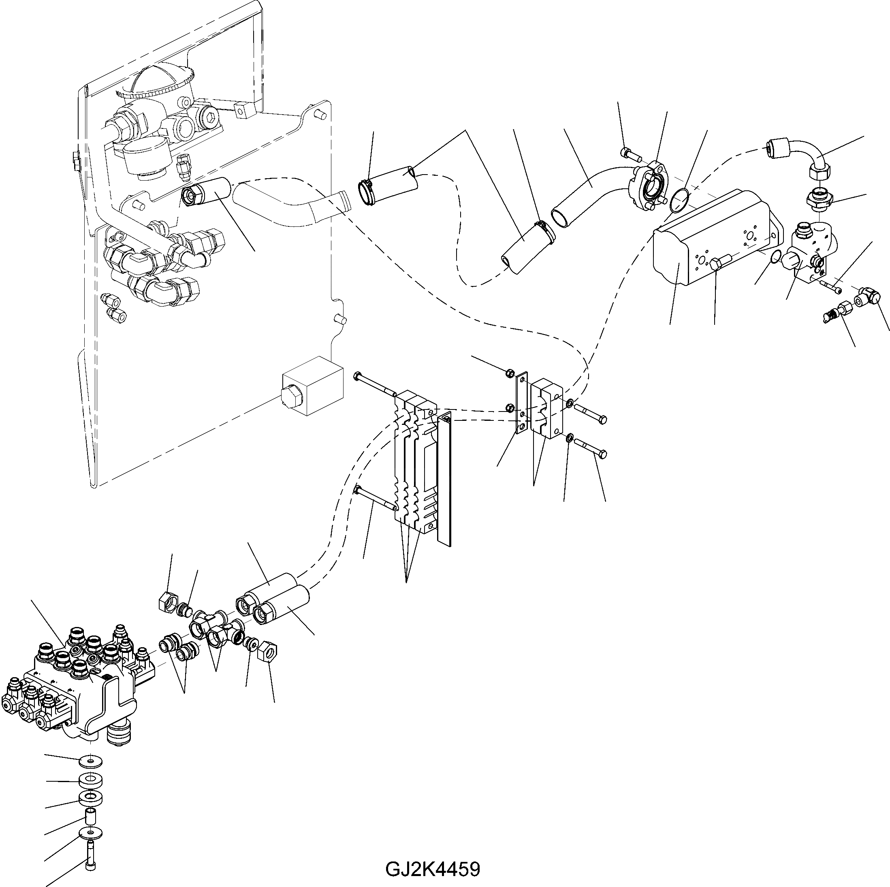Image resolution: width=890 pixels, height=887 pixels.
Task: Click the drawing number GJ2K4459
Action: click(433, 870)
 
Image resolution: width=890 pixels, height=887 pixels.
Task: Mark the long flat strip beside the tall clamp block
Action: click(444, 479)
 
